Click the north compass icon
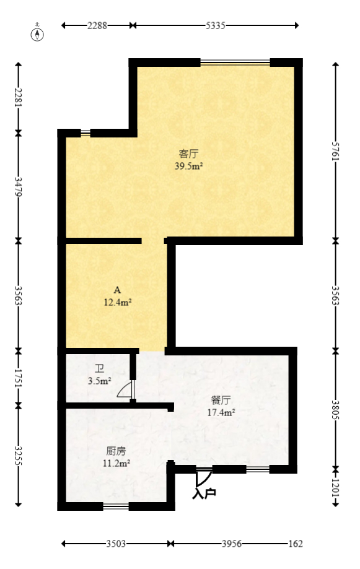38,33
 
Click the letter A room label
117,290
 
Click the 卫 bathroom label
99,369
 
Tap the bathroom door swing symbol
125,390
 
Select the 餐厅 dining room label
221,399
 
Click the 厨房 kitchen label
116,450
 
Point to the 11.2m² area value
116,463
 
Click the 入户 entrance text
204,493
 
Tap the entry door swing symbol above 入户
203,477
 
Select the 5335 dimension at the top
215,25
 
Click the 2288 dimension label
97,25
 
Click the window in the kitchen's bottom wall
116,506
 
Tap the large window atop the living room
235,62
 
